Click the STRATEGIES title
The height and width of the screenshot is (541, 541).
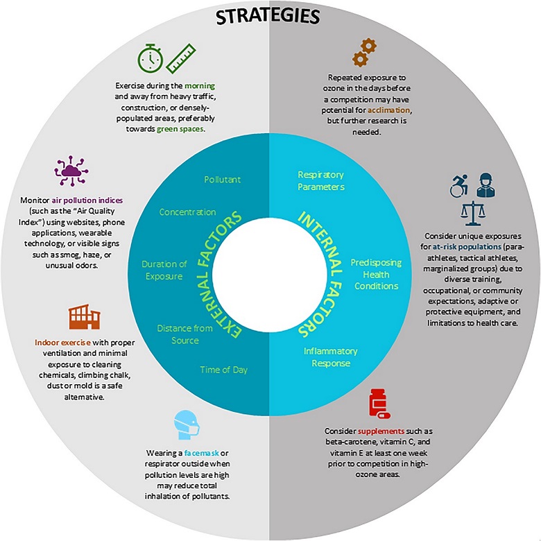click(x=268, y=16)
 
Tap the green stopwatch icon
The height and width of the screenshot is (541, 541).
click(x=151, y=58)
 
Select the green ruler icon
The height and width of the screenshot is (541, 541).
click(x=181, y=58)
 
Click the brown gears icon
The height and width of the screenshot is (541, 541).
click(x=364, y=53)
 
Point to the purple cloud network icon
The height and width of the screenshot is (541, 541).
click(x=71, y=171)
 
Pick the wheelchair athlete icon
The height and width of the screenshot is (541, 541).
click(x=459, y=186)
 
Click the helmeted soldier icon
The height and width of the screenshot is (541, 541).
click(x=486, y=185)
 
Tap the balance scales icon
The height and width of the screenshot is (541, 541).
click(x=473, y=213)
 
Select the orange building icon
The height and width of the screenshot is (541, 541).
click(x=85, y=317)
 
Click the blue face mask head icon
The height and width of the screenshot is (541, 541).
click(x=187, y=424)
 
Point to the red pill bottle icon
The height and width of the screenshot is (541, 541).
click(x=379, y=404)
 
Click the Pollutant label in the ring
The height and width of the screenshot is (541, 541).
click(x=222, y=180)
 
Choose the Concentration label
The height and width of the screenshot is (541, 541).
click(x=188, y=212)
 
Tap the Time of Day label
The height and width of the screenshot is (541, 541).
click(x=224, y=370)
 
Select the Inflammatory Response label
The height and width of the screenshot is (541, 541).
click(x=331, y=357)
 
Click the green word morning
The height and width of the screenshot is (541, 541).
click(x=200, y=85)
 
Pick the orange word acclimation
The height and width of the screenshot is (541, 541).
click(x=389, y=110)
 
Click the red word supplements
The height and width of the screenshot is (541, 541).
click(x=381, y=431)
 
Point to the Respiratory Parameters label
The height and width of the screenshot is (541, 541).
click(x=321, y=180)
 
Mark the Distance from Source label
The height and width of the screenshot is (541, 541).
click(x=185, y=334)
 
